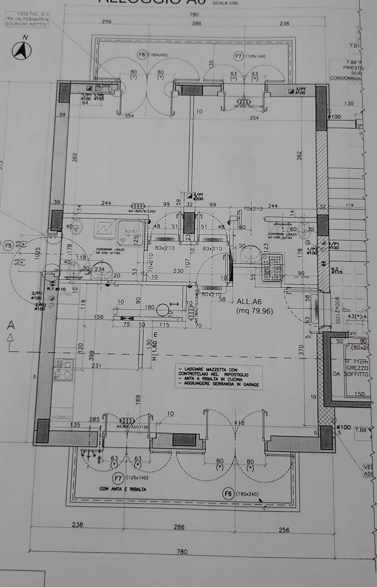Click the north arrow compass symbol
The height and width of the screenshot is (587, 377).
point(22,51)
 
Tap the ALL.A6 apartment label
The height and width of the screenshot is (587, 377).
point(249,301)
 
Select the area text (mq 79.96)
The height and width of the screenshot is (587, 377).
point(255,311)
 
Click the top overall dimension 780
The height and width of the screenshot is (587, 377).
point(194,15)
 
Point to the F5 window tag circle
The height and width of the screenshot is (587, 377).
point(9,245)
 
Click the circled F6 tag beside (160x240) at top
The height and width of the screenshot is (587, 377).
point(142,55)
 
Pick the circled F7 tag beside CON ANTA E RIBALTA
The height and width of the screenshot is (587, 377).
point(118,478)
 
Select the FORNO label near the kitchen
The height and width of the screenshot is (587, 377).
point(62,418)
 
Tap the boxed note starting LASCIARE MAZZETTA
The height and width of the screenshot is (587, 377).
point(219,377)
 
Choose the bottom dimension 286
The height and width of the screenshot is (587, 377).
point(179,527)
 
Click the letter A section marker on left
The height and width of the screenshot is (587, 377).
point(11,325)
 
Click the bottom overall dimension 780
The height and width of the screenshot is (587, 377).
point(182,551)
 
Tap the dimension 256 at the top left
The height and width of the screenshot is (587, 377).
point(106,21)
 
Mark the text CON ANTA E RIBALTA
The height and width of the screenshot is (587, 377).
point(123,489)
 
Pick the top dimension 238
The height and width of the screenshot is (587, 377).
point(284,23)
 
